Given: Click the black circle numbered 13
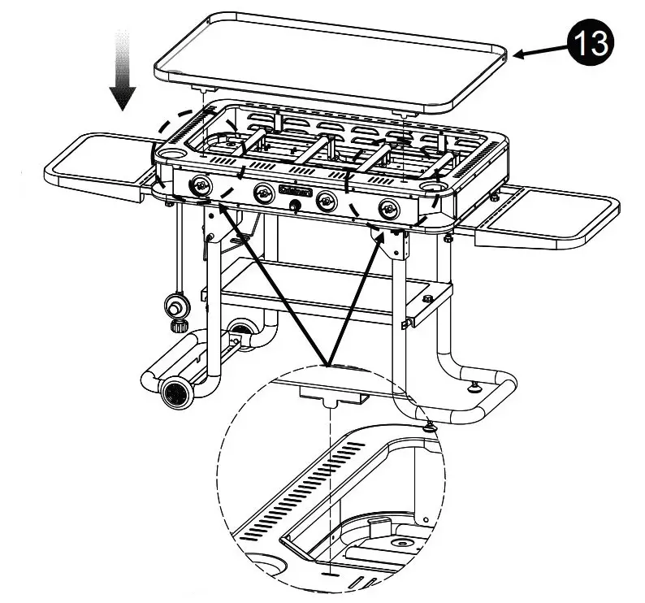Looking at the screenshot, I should pos(590,41).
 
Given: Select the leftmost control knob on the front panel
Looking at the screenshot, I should pos(199,187).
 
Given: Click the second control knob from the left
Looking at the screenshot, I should pos(262,193).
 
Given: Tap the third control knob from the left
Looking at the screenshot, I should pos(327,202).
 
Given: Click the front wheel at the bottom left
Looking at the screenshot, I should pos(175,394).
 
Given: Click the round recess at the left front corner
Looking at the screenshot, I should pos(172,153).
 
